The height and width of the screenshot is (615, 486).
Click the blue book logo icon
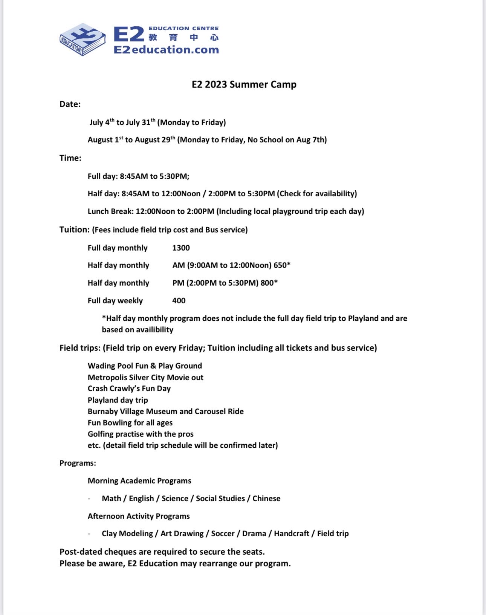click(x=83, y=39)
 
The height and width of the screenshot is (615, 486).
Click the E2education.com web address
click(x=166, y=50)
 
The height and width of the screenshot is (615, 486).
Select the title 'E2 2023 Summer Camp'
click(x=244, y=84)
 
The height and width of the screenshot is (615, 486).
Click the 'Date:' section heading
click(x=70, y=104)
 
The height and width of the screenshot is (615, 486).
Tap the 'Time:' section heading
click(x=70, y=158)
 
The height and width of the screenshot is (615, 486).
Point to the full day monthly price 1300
click(x=181, y=248)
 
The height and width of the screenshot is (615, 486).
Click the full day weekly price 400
click(x=179, y=301)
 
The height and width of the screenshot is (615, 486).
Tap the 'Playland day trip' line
click(x=118, y=400)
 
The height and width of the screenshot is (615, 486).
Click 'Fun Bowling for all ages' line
click(x=130, y=423)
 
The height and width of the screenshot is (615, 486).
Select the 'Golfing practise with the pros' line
click(x=141, y=434)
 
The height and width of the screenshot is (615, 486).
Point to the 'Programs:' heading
click(x=78, y=463)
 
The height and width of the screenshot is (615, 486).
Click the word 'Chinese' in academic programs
click(x=266, y=499)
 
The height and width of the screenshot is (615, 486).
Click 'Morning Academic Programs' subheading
click(x=139, y=481)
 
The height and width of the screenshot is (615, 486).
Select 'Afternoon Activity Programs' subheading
click(x=139, y=516)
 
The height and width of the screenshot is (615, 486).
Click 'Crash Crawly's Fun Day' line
click(x=129, y=389)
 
